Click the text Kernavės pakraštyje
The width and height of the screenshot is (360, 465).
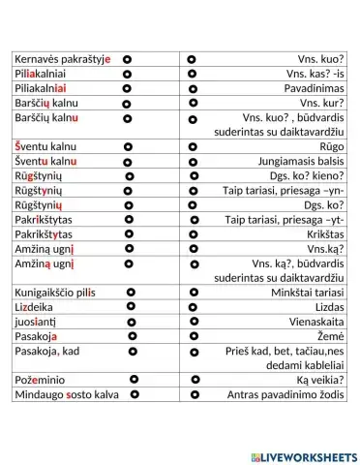[x=63, y=59]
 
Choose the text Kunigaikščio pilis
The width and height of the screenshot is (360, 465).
[x=55, y=292]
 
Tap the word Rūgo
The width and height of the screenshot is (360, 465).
[x=332, y=146]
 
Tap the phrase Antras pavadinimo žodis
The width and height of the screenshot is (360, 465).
[x=285, y=395]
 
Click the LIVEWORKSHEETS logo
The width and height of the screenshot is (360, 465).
[x=303, y=456]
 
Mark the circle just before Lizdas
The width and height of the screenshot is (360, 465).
[x=194, y=306]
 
